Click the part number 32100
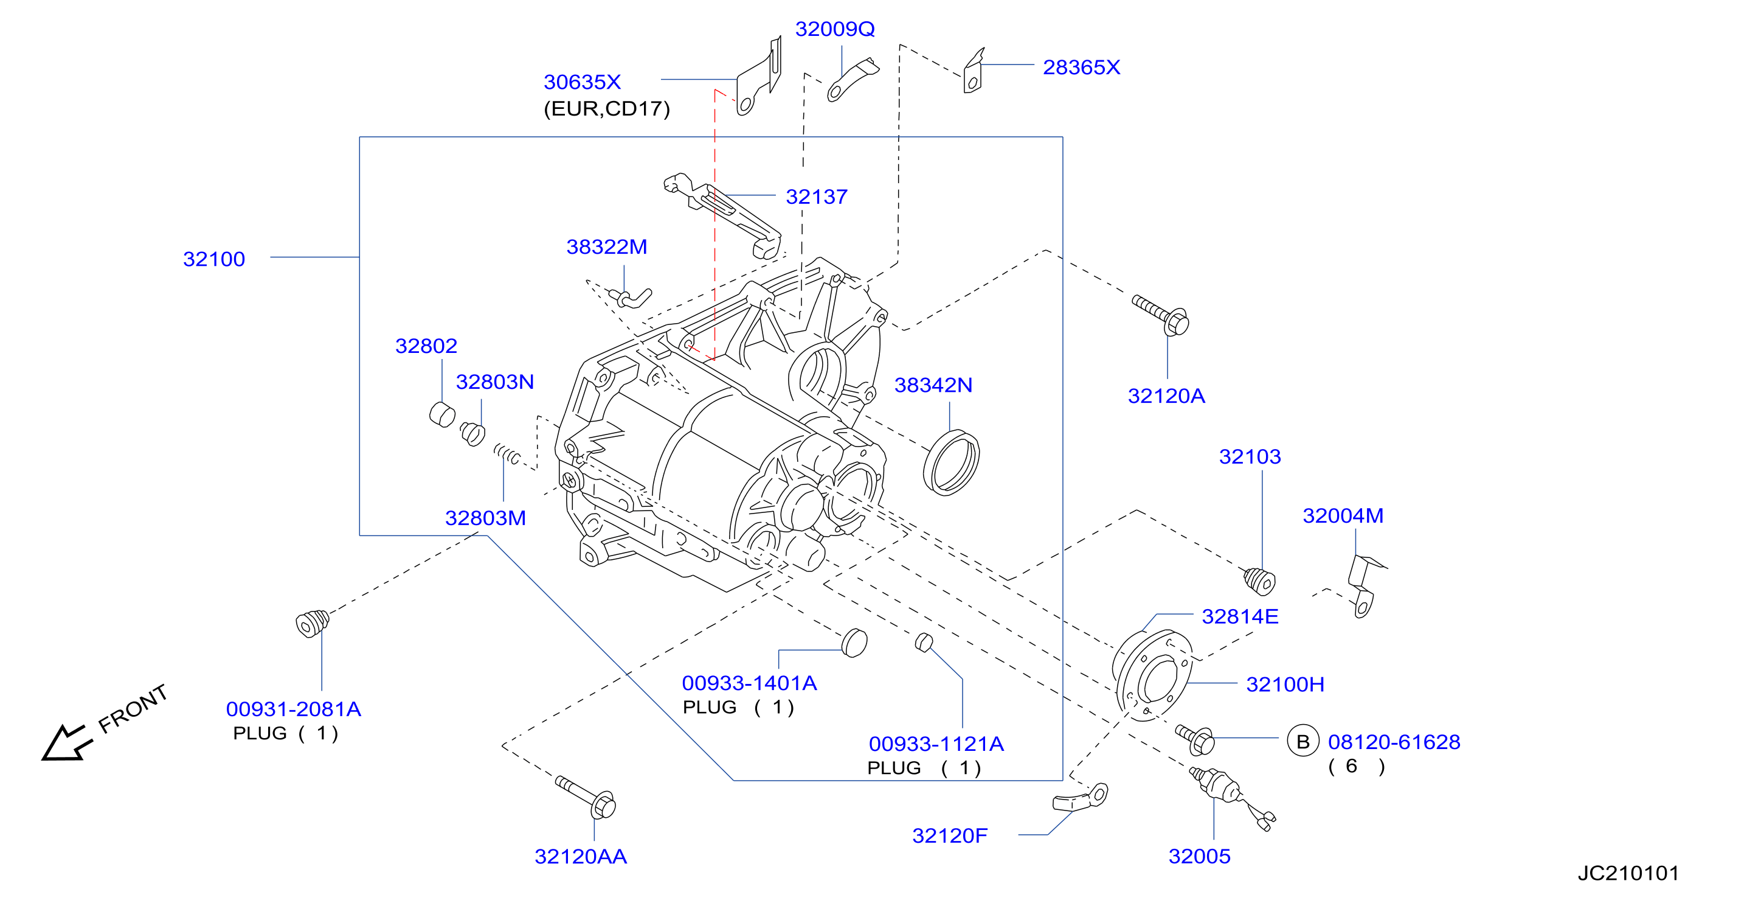click(213, 259)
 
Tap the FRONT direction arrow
click(66, 743)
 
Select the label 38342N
click(933, 385)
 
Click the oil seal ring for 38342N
click(951, 462)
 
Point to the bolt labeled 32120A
click(1161, 315)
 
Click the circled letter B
click(1302, 742)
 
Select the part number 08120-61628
click(1394, 742)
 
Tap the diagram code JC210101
click(1628, 873)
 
